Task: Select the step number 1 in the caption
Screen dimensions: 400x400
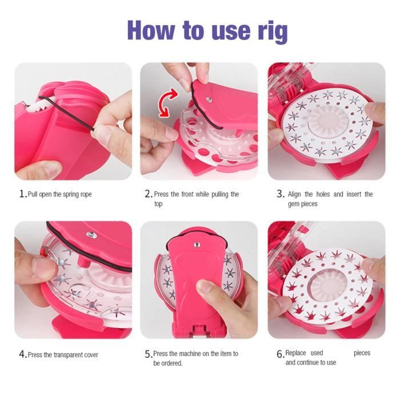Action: click(22, 194)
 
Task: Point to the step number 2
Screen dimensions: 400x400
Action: click(147, 194)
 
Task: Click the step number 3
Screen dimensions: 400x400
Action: click(280, 194)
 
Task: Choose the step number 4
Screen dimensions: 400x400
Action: click(22, 355)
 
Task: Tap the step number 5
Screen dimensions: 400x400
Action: click(147, 354)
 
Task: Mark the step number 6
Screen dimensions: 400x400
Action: click(280, 354)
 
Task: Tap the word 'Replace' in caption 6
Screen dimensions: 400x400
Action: click(297, 353)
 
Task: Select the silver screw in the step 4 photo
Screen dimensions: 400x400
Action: click(91, 235)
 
